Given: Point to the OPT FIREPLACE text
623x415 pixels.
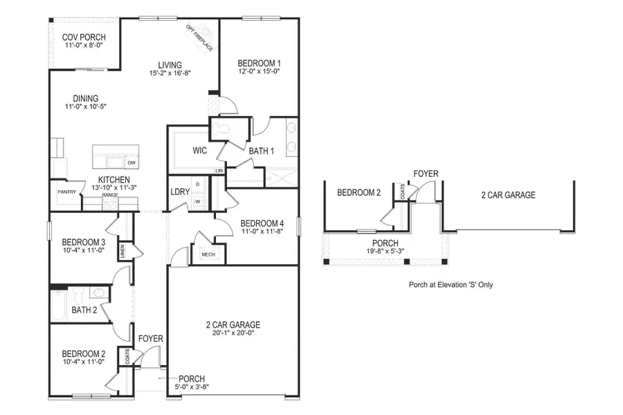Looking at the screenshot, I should click(x=200, y=37).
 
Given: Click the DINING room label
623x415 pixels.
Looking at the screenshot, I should click(x=81, y=98).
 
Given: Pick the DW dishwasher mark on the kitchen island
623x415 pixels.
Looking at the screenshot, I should click(x=131, y=163).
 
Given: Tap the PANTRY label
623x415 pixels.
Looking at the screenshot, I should click(x=67, y=192).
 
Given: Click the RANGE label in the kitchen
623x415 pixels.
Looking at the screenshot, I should click(x=109, y=196).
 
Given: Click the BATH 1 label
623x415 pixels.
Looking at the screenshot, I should click(x=262, y=150).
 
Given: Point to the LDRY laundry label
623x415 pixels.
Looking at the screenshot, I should click(x=180, y=192).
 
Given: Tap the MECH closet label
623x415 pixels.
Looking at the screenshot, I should click(x=208, y=255).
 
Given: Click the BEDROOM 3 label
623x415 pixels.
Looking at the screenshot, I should click(x=83, y=242).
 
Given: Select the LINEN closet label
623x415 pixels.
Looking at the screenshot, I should click(x=123, y=252).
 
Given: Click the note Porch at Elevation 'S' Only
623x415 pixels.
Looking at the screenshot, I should click(x=451, y=284).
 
